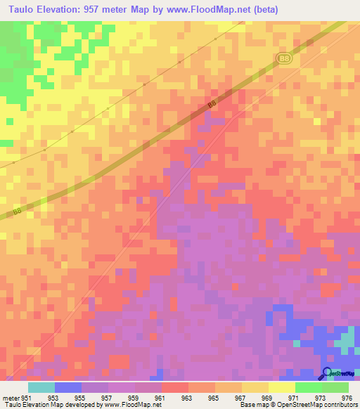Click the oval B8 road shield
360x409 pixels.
point(284,59)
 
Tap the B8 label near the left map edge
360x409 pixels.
point(18,212)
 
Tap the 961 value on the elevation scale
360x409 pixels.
point(160,397)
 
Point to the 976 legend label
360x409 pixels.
point(346,397)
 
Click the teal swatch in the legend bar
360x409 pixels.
point(41,387)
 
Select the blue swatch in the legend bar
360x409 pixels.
point(67,387)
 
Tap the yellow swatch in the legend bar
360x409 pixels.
point(281,387)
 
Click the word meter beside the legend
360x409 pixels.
point(10,397)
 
